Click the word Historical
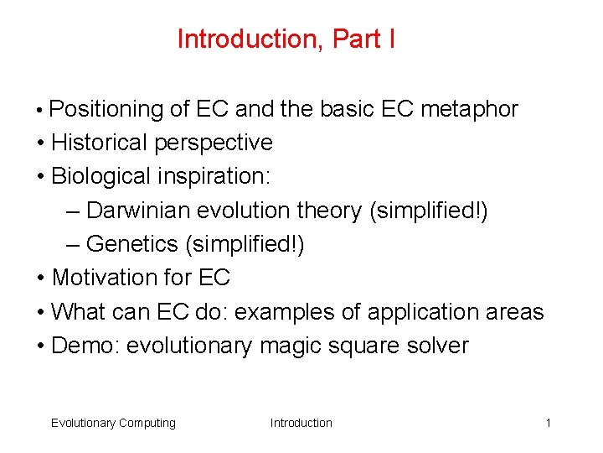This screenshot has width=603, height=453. coord(100,143)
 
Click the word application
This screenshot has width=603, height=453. coord(433,311)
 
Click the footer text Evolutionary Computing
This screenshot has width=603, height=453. coord(113,423)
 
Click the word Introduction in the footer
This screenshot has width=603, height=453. coord(301,423)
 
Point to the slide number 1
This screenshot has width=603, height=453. coord(548,423)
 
